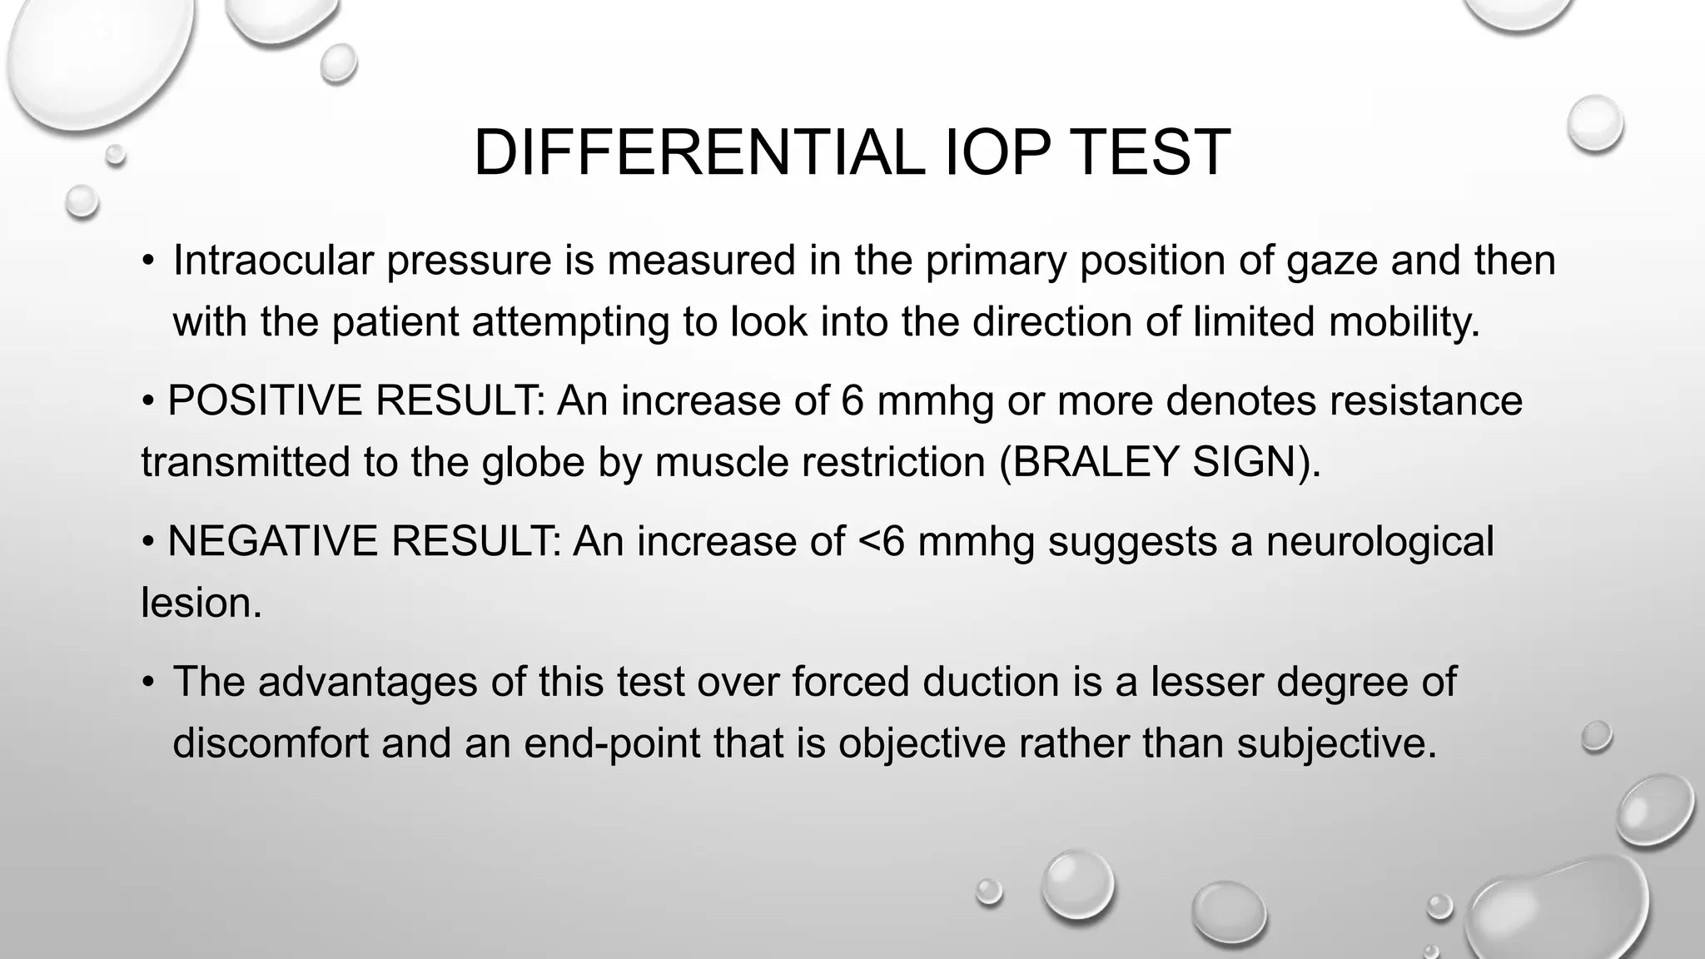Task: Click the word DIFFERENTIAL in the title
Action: click(x=698, y=153)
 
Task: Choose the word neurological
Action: click(x=1379, y=543)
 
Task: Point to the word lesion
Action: click(x=201, y=603)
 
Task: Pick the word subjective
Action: click(x=1337, y=743)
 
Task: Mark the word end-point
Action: click(x=611, y=743)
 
